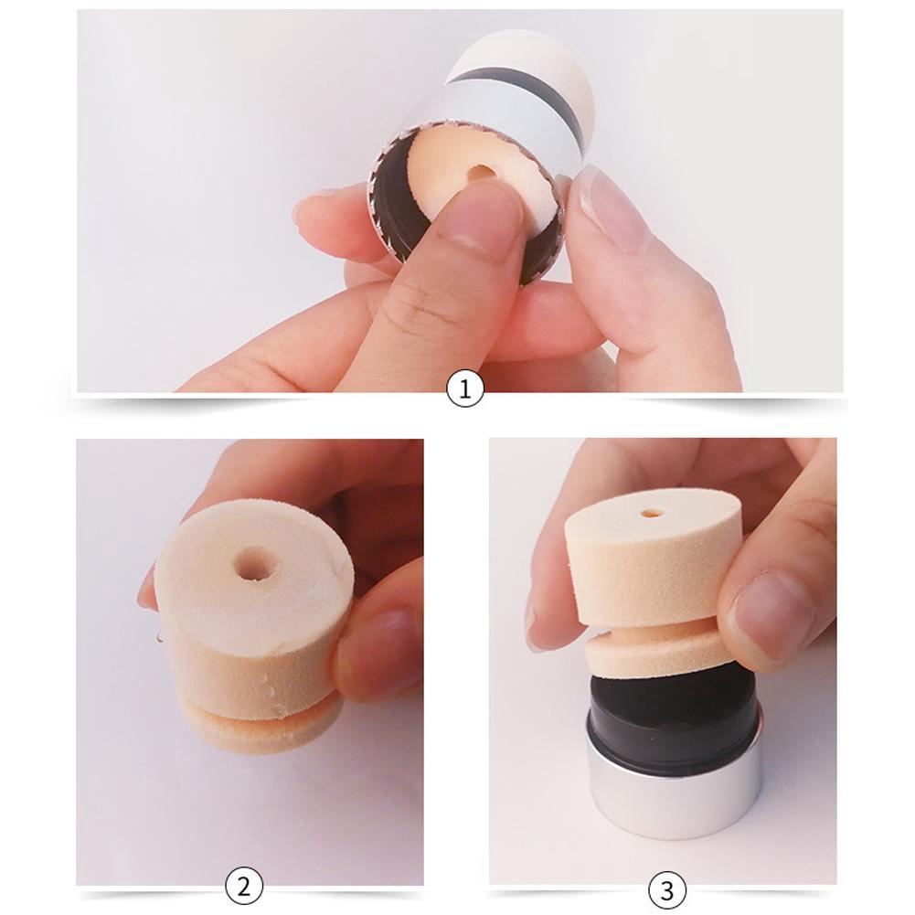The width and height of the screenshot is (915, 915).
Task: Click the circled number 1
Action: pos(464,391)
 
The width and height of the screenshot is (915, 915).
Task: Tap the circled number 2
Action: pos(244,886)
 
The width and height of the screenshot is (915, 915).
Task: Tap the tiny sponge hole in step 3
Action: pos(652,514)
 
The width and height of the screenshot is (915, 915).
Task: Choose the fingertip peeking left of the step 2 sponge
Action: pos(145,590)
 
